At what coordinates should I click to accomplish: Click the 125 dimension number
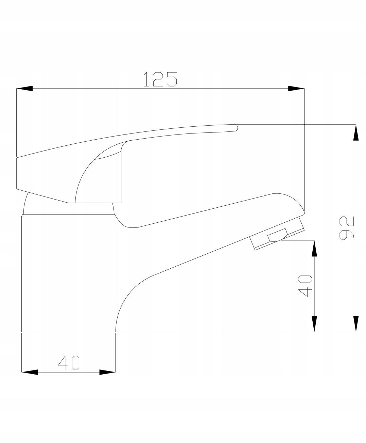coord(160,79)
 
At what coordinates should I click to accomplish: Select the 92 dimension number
coord(347,228)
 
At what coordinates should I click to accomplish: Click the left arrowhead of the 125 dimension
coord(24,89)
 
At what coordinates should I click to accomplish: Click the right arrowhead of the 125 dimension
coord(296,89)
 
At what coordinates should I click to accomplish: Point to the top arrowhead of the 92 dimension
coord(356,132)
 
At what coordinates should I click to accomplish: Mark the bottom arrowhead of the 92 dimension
coord(356,323)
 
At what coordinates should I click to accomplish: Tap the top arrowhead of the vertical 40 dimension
coord(314,249)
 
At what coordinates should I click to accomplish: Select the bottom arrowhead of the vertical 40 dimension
coord(314,323)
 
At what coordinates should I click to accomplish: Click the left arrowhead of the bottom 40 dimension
coord(30,372)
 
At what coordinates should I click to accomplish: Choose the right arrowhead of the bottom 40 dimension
coord(107,372)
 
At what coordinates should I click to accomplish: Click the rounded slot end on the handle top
coord(236,128)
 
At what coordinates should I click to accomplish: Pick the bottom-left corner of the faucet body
coord(22,331)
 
